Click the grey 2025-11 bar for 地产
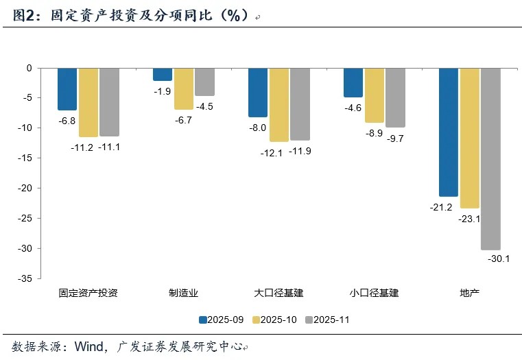tap(490, 159)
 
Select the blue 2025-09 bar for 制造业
tap(163, 75)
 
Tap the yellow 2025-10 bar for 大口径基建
tap(279, 105)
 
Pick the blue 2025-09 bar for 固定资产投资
tap(67, 89)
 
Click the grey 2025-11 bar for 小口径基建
tap(396, 98)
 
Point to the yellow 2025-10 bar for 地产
tap(470, 139)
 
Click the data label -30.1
tap(499, 259)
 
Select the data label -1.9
tap(163, 91)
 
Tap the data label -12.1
tap(272, 153)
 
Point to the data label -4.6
tap(353, 108)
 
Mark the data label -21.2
tap(441, 207)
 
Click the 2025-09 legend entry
tap(222, 320)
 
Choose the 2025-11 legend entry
tap(327, 320)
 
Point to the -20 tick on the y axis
tap(25, 188)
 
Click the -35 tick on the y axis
tap(25, 278)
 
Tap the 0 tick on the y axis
tap(29, 68)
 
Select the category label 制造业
tap(183, 293)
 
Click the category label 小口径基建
tap(375, 293)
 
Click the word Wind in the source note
tap(89, 347)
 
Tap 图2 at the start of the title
tap(23, 15)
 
